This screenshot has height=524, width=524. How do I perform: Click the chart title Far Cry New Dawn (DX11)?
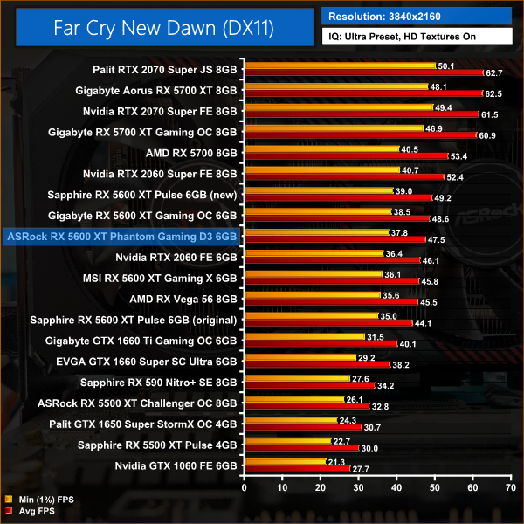[163, 28]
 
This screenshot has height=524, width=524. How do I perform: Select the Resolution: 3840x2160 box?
[416, 16]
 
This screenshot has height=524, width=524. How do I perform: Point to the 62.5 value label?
[493, 93]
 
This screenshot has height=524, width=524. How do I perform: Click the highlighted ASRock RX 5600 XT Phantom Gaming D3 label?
[121, 236]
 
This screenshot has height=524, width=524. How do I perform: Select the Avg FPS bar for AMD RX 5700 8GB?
[346, 155]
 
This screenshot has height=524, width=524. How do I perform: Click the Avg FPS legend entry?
[36, 511]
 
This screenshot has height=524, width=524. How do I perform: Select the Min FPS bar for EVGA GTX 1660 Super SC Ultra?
[300, 358]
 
